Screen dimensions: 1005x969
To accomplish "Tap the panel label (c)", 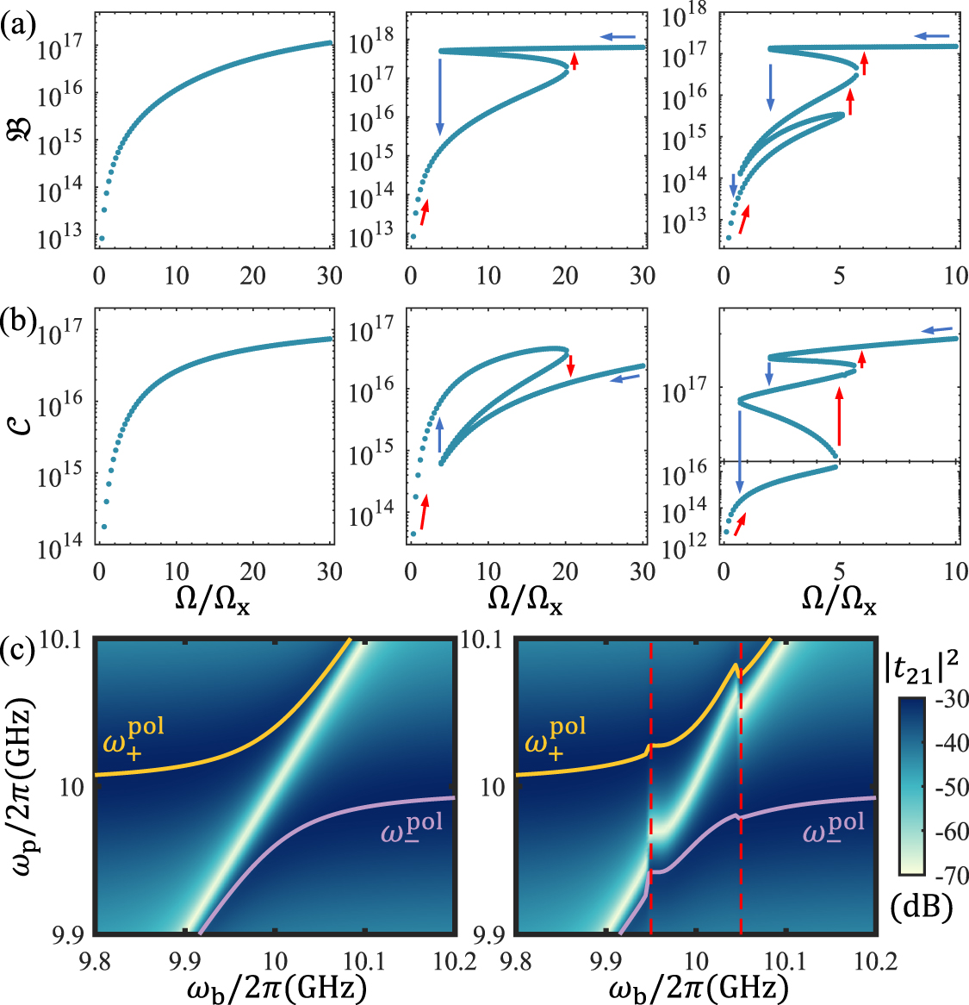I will click(x=17, y=647).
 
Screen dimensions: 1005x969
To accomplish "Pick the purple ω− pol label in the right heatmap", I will click(x=835, y=830).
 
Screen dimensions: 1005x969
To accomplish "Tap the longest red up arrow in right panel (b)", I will click(x=840, y=416).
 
